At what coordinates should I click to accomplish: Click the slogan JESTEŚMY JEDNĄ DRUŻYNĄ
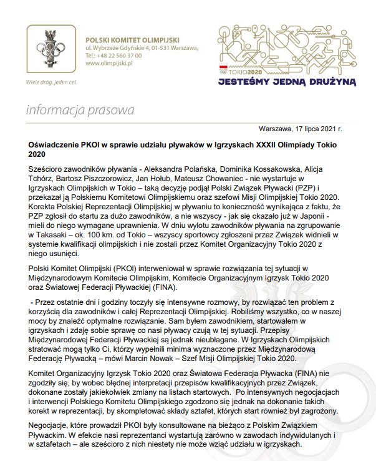[x=287, y=80]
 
